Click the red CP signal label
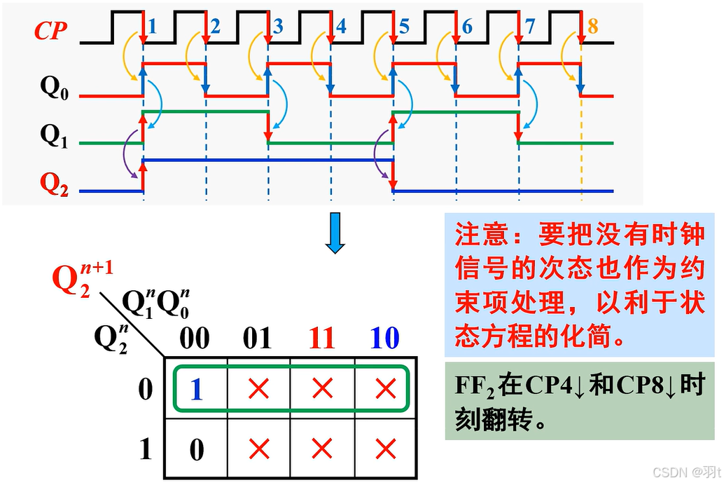tap(50, 32)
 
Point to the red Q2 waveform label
tap(54, 184)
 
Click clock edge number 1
tap(153, 27)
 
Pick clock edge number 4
tap(341, 27)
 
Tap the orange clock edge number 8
tap(593, 27)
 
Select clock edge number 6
tap(467, 27)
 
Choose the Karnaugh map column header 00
tap(195, 339)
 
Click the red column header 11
tap(321, 339)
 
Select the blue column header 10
tap(384, 339)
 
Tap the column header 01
tap(258, 339)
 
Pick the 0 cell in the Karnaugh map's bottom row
tap(197, 449)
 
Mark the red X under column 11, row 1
tap(321, 449)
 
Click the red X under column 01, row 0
tap(258, 388)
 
